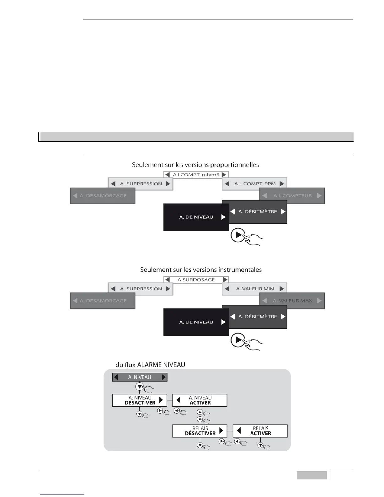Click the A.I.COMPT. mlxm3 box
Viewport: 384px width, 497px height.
(196, 174)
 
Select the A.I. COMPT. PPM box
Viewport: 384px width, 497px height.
(254, 184)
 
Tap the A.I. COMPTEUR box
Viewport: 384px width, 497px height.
(292, 196)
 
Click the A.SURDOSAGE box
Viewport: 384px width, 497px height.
(196, 280)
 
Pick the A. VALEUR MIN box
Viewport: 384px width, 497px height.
(254, 289)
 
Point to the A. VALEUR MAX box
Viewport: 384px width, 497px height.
(292, 301)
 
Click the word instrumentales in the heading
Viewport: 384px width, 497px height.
(241, 270)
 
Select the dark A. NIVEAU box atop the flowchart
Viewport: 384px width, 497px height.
(140, 377)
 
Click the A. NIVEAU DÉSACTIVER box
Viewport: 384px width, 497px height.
(140, 400)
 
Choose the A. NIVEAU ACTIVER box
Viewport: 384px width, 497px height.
(200, 400)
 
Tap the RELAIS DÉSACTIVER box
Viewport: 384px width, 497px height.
(200, 431)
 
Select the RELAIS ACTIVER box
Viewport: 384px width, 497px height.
(260, 431)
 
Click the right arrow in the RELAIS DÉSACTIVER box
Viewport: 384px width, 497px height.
(221, 430)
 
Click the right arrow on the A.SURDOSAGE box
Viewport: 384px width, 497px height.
(225, 280)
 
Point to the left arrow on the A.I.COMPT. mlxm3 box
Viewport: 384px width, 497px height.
(168, 174)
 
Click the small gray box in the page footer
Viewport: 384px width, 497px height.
(312, 476)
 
